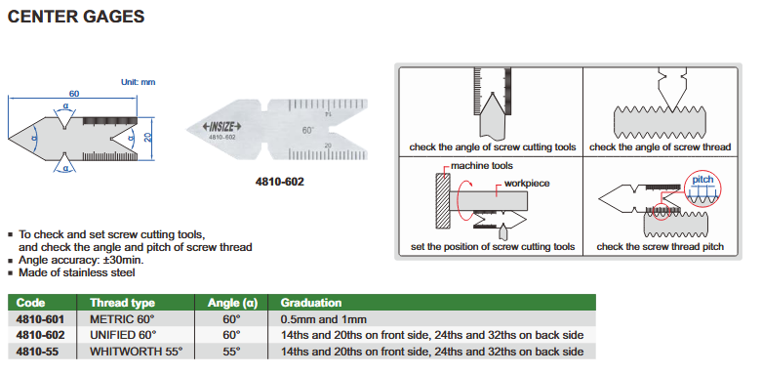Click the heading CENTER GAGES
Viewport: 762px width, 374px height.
click(x=76, y=16)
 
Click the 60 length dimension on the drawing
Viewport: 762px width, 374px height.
click(x=74, y=94)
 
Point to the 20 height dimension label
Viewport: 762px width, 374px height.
click(x=147, y=138)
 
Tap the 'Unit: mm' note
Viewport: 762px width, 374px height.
click(x=138, y=82)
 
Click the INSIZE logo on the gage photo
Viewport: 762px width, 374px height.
click(x=222, y=127)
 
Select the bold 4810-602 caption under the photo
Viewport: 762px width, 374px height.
click(x=279, y=182)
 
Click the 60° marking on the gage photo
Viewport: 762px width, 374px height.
click(x=307, y=130)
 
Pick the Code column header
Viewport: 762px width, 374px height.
click(x=30, y=303)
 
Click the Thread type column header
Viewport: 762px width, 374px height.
click(x=123, y=303)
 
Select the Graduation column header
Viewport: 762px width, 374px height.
click(x=311, y=303)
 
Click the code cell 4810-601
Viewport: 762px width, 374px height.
click(x=40, y=319)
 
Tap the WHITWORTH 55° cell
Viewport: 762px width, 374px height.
click(x=136, y=352)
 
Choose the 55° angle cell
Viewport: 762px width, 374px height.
click(x=232, y=352)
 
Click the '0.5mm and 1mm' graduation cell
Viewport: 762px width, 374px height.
click(x=324, y=319)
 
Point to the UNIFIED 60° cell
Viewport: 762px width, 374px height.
click(x=124, y=335)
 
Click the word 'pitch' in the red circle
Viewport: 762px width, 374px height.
click(x=702, y=180)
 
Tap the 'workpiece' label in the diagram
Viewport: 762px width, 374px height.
click(x=527, y=184)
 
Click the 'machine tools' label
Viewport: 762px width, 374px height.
click(x=482, y=166)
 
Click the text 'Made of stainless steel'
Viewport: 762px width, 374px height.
click(x=77, y=272)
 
